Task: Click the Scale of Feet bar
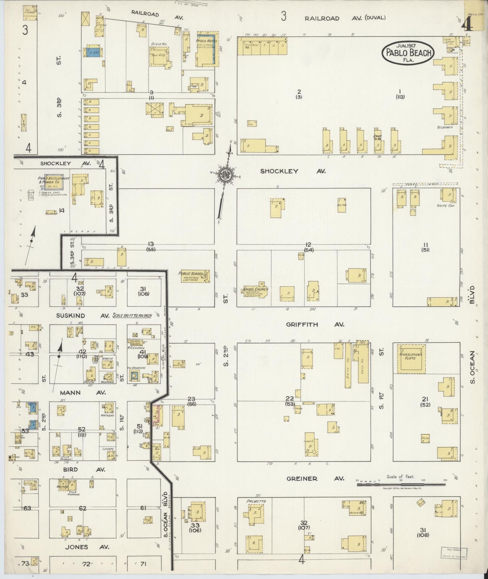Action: click(x=401, y=485)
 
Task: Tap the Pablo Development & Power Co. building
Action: click(x=54, y=182)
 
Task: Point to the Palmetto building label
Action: click(x=256, y=501)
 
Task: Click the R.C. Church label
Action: click(x=138, y=348)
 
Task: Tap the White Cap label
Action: click(x=444, y=206)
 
